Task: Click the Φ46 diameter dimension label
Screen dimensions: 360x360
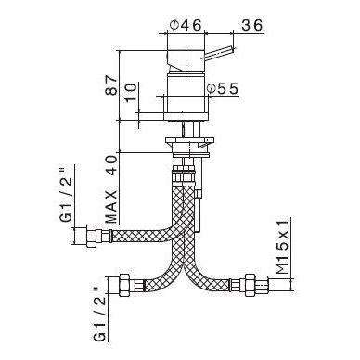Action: point(186,25)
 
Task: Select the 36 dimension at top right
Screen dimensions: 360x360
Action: point(251,25)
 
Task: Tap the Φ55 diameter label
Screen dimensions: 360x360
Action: point(223,89)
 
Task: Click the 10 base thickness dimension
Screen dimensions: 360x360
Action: point(131,91)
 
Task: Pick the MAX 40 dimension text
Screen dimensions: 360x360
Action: point(111,188)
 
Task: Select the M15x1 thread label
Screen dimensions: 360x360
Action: point(282,246)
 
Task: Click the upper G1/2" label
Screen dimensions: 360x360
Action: point(67,194)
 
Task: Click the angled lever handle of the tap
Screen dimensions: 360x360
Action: point(218,53)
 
